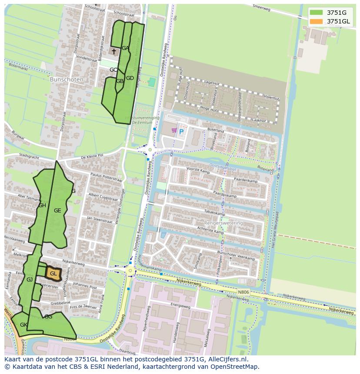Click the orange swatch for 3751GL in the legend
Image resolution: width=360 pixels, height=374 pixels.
click(x=317, y=21)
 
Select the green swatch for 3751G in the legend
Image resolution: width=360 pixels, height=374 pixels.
click(x=317, y=12)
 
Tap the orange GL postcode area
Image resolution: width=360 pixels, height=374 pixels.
click(x=53, y=274)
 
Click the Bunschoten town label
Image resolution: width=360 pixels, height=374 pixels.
click(x=65, y=79)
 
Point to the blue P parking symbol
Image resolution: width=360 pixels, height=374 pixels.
click(x=181, y=132)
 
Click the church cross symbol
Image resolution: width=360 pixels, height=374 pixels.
click(x=114, y=52)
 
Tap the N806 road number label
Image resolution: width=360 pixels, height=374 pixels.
click(x=243, y=292)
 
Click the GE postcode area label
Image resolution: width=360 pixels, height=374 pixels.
click(x=57, y=211)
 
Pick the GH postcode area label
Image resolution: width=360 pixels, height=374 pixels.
click(x=42, y=205)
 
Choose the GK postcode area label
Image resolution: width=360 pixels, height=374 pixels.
click(x=23, y=325)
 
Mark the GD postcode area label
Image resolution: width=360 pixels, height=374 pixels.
click(x=130, y=78)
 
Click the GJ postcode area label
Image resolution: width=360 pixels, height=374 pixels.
click(x=30, y=280)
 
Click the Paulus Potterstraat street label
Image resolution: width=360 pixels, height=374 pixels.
click(x=107, y=178)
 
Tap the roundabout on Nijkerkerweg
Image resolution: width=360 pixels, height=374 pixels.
click(x=130, y=271)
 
